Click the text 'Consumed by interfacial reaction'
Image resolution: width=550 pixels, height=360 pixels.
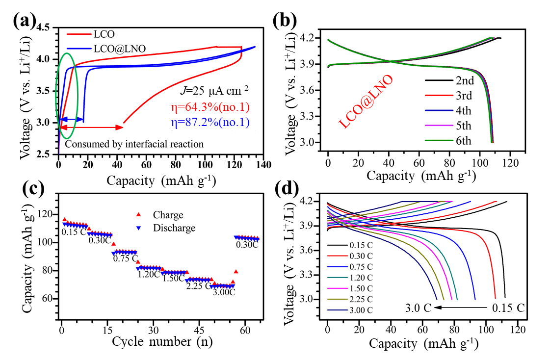[134, 144]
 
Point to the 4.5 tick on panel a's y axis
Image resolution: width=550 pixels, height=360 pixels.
[44, 27]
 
